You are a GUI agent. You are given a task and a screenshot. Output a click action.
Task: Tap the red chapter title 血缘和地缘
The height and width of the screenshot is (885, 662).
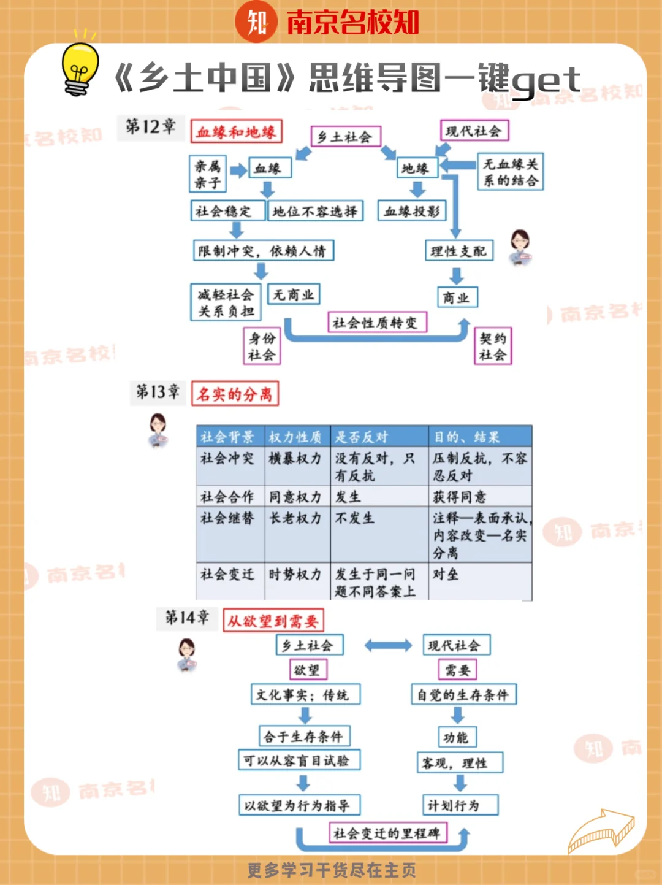tap(236, 132)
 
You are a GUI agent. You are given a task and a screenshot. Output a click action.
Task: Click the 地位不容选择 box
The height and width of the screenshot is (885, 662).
tap(315, 212)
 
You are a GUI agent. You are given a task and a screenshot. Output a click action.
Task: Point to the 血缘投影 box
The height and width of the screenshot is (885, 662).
tap(411, 212)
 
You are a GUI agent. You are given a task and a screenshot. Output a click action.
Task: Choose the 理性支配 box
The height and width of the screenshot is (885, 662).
tap(458, 251)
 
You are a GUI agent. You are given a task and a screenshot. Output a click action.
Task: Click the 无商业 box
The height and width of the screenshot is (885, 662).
tap(294, 295)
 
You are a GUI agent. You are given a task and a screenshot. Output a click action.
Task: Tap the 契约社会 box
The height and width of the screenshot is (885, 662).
tap(493, 347)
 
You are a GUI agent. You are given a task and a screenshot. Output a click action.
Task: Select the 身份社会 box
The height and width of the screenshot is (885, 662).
tap(262, 347)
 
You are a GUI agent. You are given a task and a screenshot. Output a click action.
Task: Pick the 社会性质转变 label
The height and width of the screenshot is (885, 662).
tap(375, 323)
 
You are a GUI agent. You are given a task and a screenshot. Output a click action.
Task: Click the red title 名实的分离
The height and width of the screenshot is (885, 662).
tap(235, 394)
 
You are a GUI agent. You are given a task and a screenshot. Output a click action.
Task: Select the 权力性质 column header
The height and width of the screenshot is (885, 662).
tap(295, 437)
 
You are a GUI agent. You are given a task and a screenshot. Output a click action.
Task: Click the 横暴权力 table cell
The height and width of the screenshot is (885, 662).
tap(295, 459)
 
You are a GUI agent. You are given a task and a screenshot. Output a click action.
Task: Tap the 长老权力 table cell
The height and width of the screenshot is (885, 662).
tap(295, 518)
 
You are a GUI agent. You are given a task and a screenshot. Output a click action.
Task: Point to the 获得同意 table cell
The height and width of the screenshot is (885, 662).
tap(460, 497)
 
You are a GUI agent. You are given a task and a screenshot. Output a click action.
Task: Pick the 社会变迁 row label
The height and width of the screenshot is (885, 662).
tap(227, 575)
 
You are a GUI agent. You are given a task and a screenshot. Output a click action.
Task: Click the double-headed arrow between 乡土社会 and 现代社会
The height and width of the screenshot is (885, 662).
tap(388, 645)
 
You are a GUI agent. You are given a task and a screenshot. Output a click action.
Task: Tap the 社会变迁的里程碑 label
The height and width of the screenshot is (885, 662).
tap(387, 833)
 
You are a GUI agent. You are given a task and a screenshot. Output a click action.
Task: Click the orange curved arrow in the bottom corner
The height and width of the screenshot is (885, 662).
tap(601, 830)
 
